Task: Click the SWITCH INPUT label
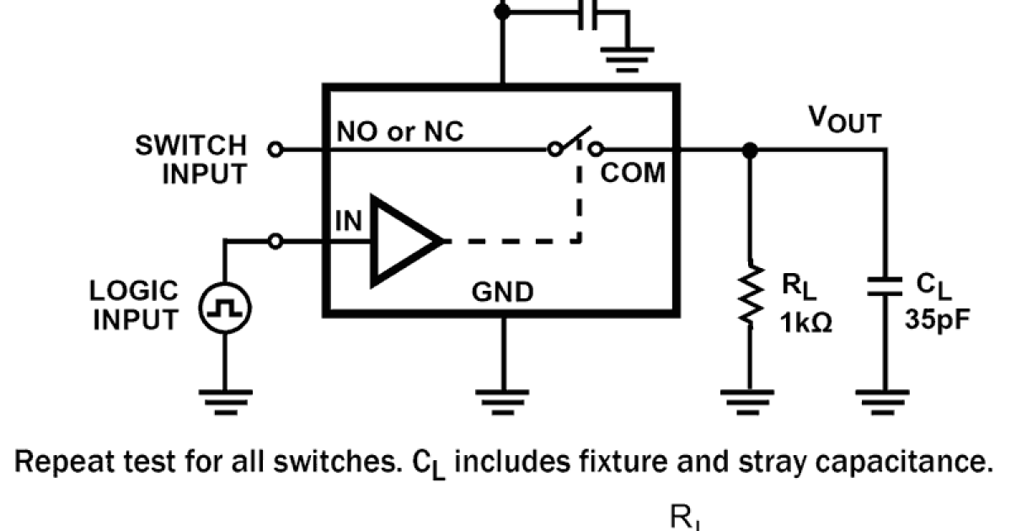pos(191,159)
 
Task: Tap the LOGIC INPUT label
pos(135,305)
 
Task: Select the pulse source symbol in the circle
pos(225,309)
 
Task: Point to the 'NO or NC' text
pos(400,132)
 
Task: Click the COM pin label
pos(633,174)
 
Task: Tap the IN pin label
pos(349,221)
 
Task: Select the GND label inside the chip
pos(502,292)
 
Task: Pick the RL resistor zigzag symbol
pos(747,294)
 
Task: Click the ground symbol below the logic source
pos(225,399)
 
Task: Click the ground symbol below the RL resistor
pos(747,399)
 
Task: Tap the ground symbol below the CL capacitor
pos(885,399)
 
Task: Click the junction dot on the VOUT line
pos(747,149)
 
